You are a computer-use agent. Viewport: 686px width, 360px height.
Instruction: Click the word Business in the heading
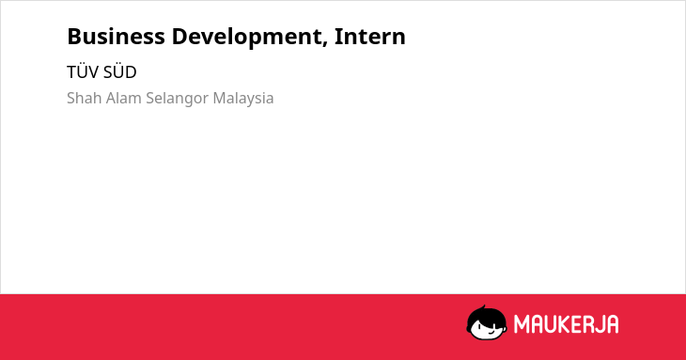click(x=116, y=37)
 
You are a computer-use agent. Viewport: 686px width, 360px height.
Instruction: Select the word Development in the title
click(x=247, y=38)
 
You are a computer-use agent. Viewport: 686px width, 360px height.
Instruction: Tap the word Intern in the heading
click(x=369, y=37)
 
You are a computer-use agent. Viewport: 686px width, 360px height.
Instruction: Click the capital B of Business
click(x=74, y=37)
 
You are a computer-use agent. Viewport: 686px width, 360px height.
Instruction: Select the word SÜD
click(x=120, y=71)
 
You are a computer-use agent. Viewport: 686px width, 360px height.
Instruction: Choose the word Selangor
click(x=178, y=100)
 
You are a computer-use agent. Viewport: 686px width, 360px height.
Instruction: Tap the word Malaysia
click(x=243, y=100)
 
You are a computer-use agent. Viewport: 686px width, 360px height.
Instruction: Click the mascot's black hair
click(x=486, y=316)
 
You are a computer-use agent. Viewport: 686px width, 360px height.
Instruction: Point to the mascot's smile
click(x=490, y=334)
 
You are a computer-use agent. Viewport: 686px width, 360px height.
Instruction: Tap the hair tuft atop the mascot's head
click(x=483, y=308)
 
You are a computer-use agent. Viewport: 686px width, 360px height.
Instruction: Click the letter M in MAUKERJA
click(x=521, y=324)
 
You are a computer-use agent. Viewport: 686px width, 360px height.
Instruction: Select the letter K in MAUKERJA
click(x=564, y=324)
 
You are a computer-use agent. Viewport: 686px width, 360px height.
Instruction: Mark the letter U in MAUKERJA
click(x=550, y=324)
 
